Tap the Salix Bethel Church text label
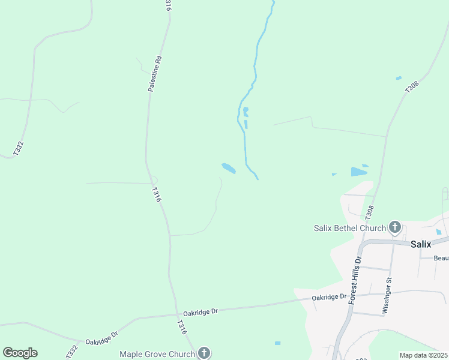pos(349,227)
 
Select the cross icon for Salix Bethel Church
pos(394,227)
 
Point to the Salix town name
pos(421,244)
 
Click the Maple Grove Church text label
pos(157,354)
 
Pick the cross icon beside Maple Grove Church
pos(204,353)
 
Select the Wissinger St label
pos(387,296)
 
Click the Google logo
pos(20,353)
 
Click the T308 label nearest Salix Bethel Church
pos(370,212)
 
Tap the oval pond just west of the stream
pos(229,169)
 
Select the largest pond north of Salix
pos(359,172)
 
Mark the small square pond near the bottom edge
pos(277,343)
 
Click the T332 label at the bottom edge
pos(72,351)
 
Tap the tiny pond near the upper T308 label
pos(399,78)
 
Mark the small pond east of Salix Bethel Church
pos(439,232)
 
